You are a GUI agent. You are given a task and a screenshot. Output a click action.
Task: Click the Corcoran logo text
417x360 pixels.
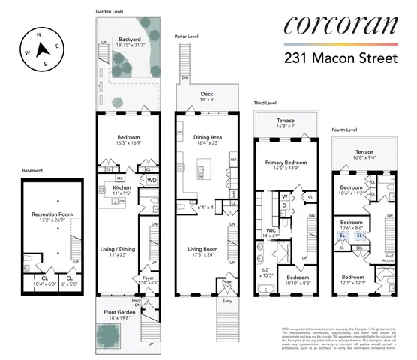point(340,27)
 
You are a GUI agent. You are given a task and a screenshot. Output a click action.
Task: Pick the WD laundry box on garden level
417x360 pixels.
point(151,181)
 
